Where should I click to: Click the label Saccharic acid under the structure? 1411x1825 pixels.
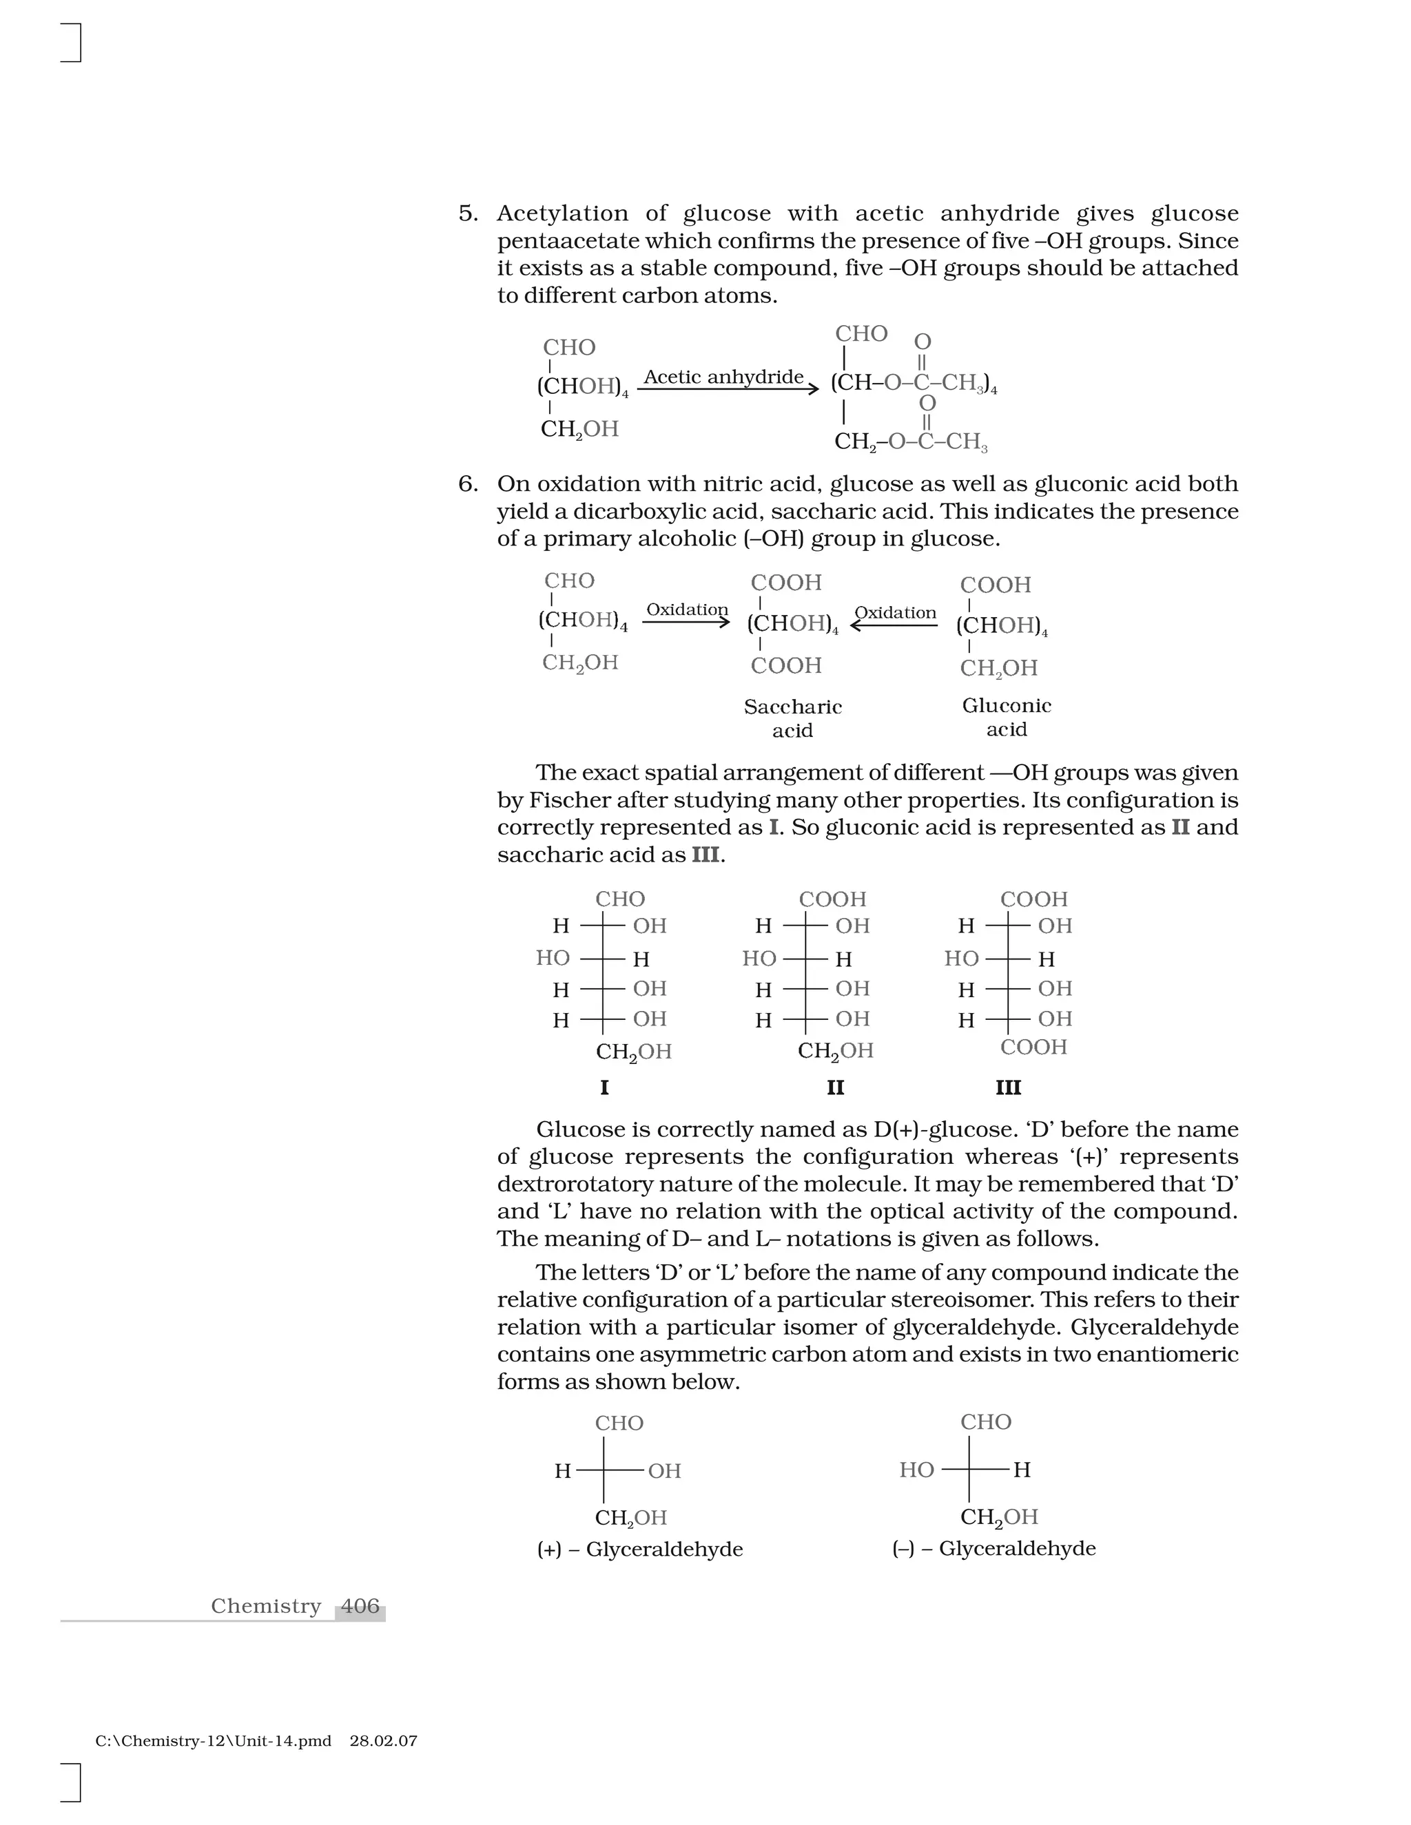pos(792,718)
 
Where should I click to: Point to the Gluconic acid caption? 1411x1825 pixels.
pos(1007,716)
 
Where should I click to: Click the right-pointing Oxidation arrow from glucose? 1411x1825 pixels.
pos(686,621)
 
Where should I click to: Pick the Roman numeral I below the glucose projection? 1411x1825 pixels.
pos(604,1087)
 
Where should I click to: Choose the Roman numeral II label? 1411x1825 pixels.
pos(835,1087)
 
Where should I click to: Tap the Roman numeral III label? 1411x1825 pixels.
pos(1008,1087)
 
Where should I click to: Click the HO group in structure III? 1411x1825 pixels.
pos(961,959)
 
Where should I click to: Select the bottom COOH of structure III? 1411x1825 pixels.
pos(1033,1047)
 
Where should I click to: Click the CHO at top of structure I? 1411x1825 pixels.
pos(620,899)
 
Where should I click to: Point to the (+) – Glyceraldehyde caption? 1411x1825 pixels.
pos(639,1550)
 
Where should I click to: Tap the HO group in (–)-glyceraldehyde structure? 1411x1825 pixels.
pos(916,1470)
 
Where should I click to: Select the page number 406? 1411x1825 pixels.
pos(360,1606)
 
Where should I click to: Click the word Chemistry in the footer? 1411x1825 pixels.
pos(266,1606)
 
